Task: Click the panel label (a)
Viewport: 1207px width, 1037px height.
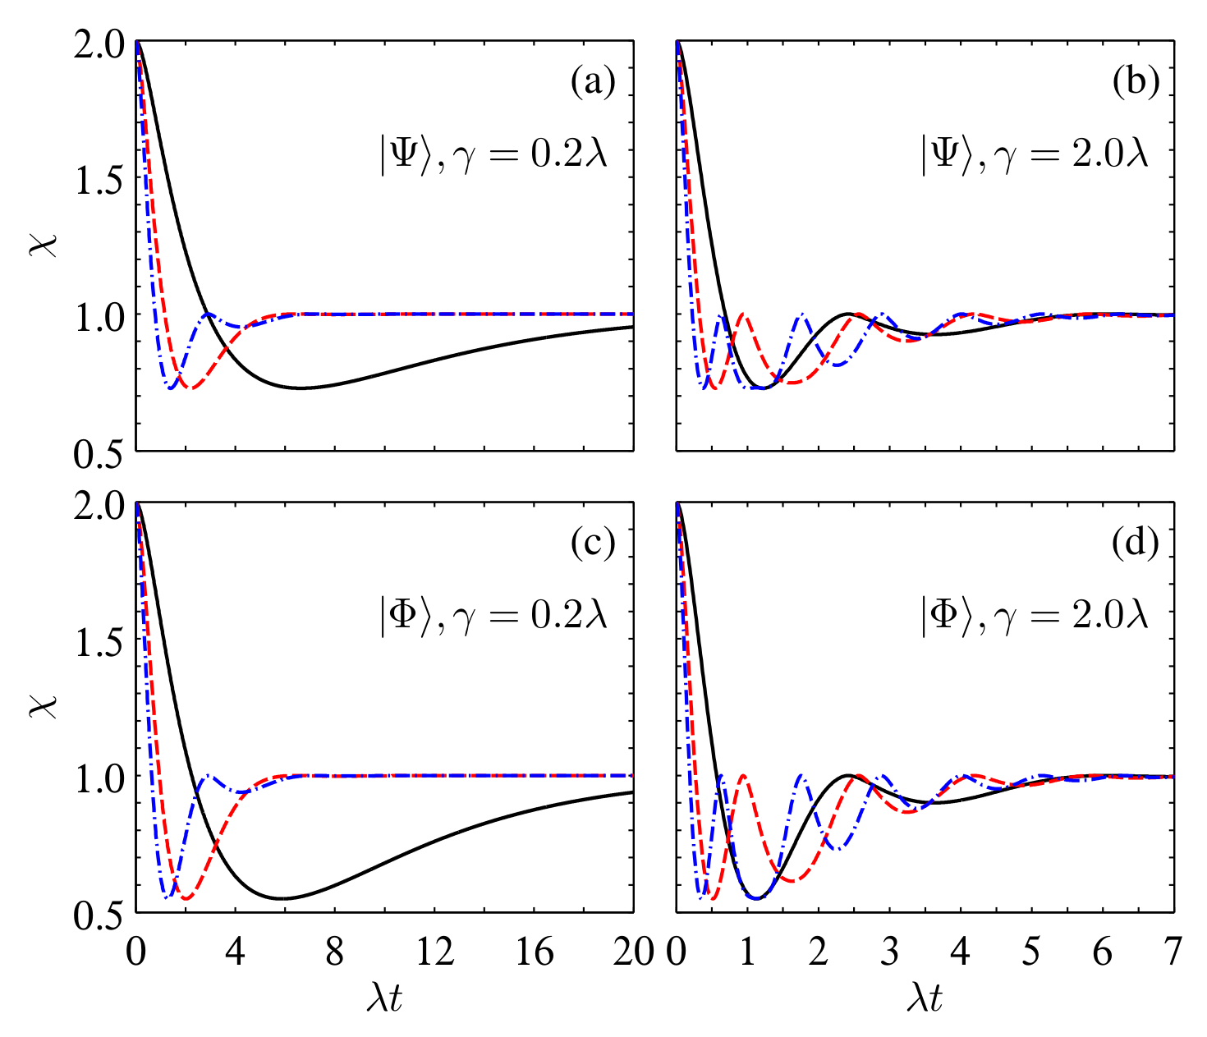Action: (x=593, y=82)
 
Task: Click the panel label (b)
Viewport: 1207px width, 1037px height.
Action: (x=1135, y=82)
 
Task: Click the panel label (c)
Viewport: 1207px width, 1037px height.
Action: (x=593, y=544)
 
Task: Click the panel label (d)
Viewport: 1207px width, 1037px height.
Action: (x=1135, y=544)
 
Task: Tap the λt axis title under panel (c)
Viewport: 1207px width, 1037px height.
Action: (x=384, y=998)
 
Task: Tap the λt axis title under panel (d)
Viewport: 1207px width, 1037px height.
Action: (x=925, y=998)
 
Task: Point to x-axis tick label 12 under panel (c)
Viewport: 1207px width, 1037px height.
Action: (x=434, y=952)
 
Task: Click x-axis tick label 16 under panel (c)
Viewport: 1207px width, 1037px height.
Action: (x=534, y=952)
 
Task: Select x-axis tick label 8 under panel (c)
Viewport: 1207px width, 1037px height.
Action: (x=335, y=952)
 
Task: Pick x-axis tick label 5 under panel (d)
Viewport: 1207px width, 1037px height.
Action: (x=1031, y=952)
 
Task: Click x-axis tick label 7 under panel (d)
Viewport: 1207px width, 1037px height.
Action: (x=1173, y=952)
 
